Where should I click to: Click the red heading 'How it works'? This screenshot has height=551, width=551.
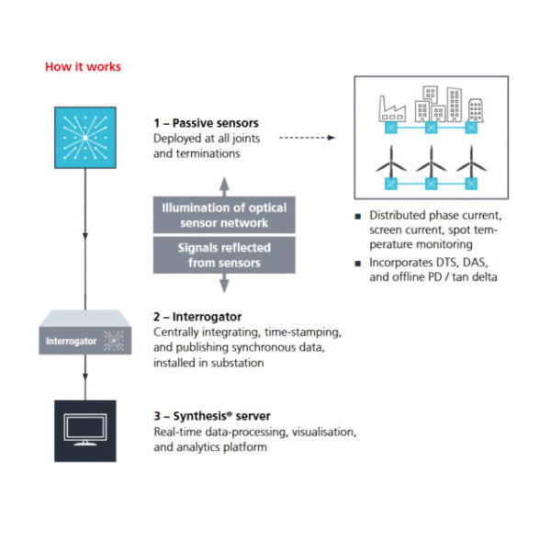click(x=83, y=67)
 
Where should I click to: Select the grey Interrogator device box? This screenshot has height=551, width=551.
click(x=84, y=343)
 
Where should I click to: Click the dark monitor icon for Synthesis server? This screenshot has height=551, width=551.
click(x=84, y=427)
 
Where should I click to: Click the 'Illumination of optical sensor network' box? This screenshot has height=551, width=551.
click(x=224, y=214)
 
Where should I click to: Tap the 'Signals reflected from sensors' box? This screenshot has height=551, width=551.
click(x=224, y=255)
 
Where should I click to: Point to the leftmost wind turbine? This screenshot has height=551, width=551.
click(x=388, y=165)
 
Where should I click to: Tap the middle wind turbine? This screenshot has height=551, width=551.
click(x=430, y=165)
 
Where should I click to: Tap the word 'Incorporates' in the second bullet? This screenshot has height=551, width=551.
click(x=399, y=264)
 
